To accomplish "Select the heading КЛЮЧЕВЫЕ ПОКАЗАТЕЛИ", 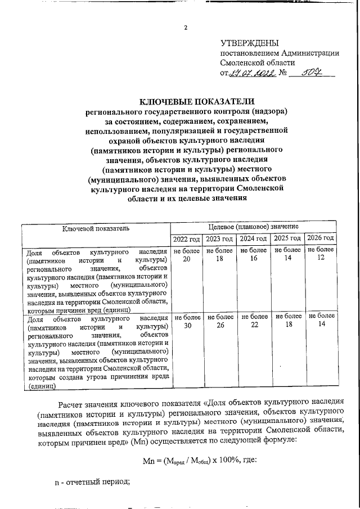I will pos(186,101).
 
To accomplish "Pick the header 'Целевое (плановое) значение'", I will pos(253,226).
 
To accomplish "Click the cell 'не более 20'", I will pos(186,254).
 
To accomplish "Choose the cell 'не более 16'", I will pos(254,254).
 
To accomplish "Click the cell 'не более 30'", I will pos(186,321).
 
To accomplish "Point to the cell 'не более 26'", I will pos(220,321).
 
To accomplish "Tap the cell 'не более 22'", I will pos(254,321).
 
